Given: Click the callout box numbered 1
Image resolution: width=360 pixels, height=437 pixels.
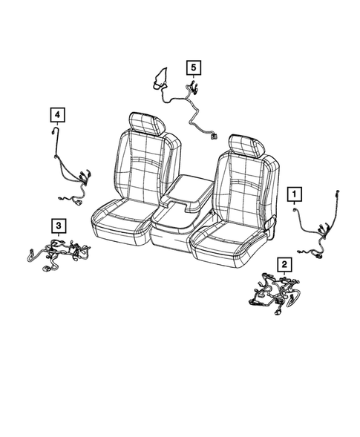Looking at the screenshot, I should (x=295, y=194).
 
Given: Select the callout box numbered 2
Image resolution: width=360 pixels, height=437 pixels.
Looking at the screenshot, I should (x=284, y=263).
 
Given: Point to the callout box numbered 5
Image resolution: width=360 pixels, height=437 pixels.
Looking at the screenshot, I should (x=193, y=68).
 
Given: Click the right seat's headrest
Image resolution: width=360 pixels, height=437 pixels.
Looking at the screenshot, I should (x=246, y=145).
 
